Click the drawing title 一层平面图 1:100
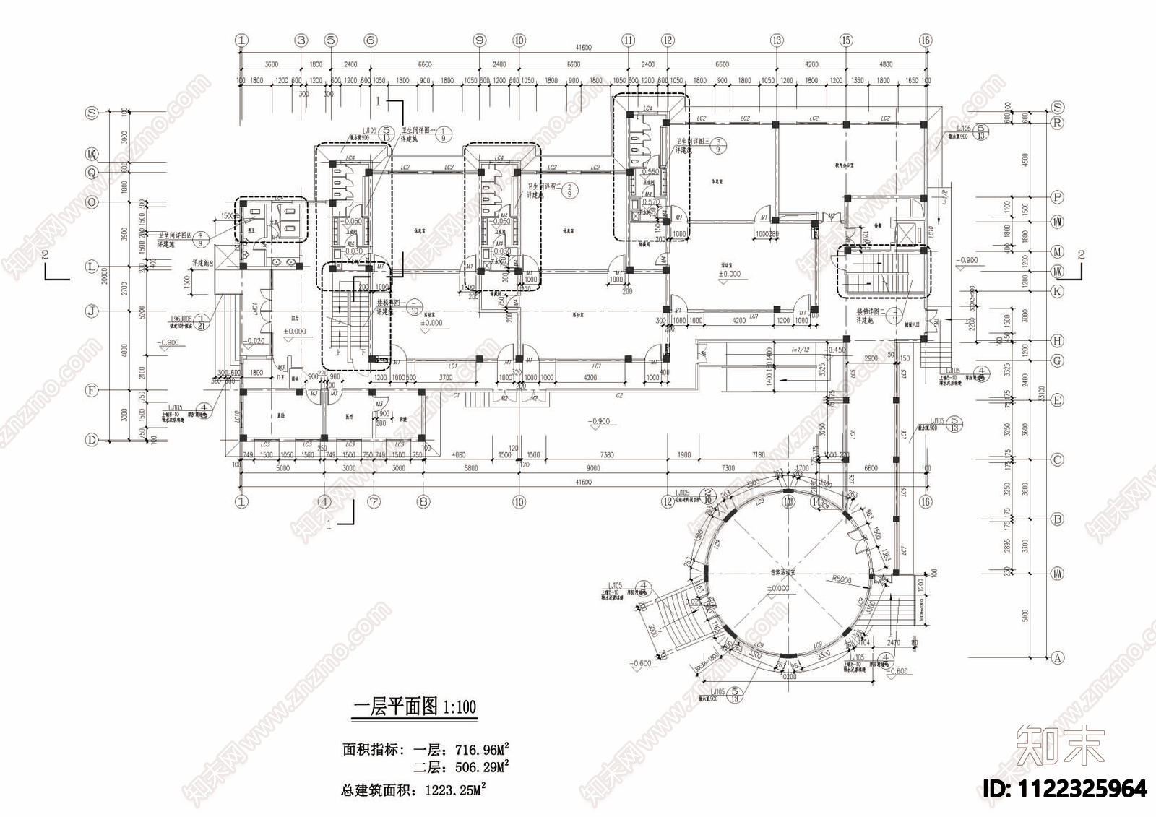[x=414, y=706]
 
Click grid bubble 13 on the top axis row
[x=777, y=40]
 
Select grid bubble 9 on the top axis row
[x=480, y=40]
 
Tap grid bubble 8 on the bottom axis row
[x=423, y=501]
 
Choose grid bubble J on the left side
[x=92, y=311]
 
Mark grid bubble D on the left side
[x=92, y=440]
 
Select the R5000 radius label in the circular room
[x=842, y=579]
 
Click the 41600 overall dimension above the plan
[x=583, y=48]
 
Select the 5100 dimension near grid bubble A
[x=1024, y=615]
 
